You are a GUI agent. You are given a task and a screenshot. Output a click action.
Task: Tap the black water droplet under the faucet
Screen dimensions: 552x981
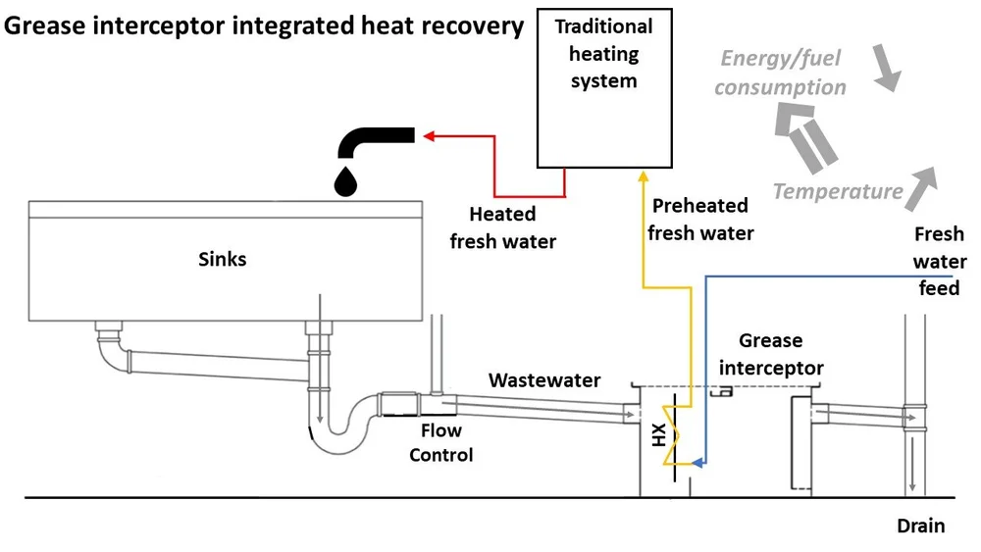coord(346,180)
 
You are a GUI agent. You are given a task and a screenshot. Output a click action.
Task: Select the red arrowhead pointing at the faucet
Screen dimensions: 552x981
coord(429,137)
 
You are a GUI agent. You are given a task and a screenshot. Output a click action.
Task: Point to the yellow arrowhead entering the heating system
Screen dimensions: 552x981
coord(643,176)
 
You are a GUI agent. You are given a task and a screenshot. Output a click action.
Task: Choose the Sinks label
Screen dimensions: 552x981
coord(222,260)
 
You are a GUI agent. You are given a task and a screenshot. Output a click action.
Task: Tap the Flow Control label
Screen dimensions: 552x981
coord(441,442)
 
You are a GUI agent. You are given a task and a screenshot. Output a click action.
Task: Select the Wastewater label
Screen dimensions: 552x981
coord(544,379)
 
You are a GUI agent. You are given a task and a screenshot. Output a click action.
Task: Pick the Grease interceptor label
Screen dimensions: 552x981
coord(771,354)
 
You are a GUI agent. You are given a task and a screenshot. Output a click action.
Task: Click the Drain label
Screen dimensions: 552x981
coord(921,527)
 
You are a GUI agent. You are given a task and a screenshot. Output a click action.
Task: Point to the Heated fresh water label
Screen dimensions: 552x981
coord(502,226)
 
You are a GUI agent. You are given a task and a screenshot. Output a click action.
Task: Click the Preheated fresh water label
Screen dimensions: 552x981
coord(700,219)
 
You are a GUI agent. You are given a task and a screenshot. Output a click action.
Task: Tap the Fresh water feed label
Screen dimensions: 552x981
coord(939,262)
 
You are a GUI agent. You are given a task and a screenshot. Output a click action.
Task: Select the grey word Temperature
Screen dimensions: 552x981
coord(837,191)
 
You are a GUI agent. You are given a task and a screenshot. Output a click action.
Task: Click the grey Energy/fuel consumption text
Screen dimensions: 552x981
coord(781,73)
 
